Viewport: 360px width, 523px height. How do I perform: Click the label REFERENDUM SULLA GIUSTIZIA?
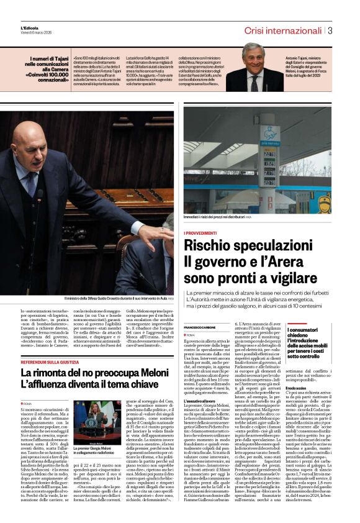pyautogui.click(x=50, y=362)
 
